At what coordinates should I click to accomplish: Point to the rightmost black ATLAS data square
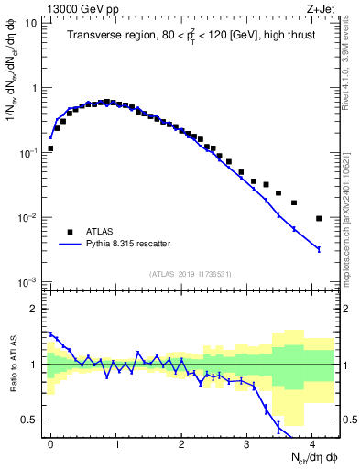click(319, 218)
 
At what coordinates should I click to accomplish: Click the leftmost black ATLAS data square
click(50, 148)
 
